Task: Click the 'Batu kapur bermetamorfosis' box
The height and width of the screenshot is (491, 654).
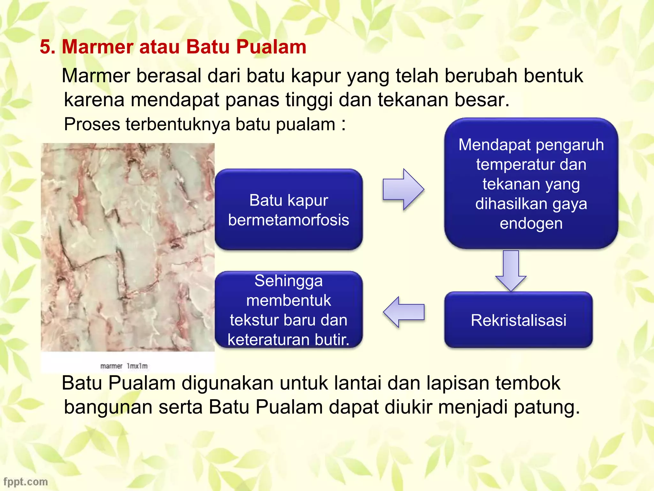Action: [x=288, y=209]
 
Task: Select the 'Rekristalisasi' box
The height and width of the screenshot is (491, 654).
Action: [x=518, y=320]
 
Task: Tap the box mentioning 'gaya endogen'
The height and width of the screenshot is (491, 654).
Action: [x=531, y=183]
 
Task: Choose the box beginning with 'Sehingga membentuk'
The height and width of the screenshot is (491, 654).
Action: [x=288, y=309]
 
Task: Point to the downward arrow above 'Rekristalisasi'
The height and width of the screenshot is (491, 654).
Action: [x=511, y=270]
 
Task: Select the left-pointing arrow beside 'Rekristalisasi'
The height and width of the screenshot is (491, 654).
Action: [x=404, y=312]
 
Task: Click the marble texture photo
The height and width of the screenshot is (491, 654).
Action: [x=128, y=247]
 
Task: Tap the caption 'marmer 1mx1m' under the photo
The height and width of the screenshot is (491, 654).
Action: [x=124, y=366]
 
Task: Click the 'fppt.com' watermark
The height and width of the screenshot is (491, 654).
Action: [x=26, y=481]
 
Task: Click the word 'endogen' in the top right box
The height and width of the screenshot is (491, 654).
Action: [x=531, y=223]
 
